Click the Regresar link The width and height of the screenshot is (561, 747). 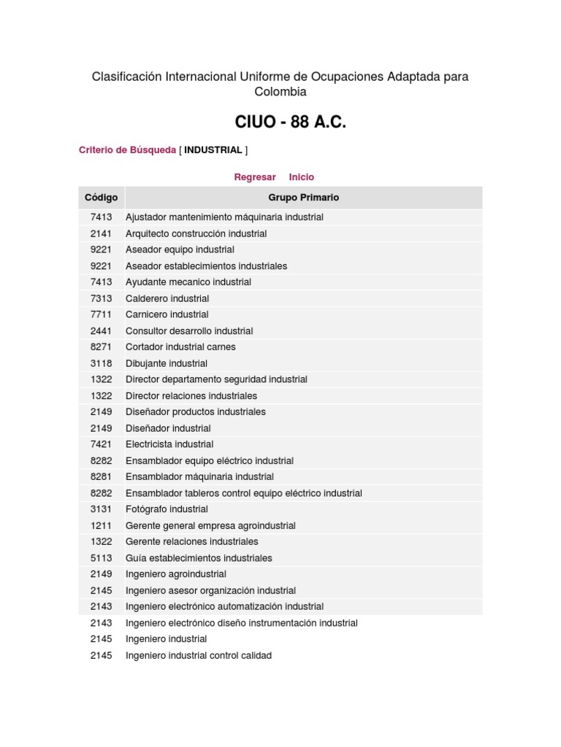(254, 177)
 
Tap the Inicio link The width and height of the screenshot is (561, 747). (301, 177)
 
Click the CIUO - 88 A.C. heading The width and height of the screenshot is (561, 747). (290, 122)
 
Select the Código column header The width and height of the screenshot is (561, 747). (101, 198)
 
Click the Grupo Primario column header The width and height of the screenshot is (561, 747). (303, 198)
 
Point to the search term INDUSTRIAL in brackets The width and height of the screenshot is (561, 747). (213, 150)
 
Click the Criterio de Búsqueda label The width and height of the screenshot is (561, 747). (127, 150)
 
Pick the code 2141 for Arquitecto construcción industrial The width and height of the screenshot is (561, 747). (101, 233)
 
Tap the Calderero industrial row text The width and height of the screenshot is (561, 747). (167, 298)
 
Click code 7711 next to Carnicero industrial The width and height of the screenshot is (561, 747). (101, 314)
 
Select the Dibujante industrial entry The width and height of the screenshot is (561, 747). (167, 363)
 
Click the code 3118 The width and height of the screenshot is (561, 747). (101, 363)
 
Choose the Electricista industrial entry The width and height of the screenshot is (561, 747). (169, 444)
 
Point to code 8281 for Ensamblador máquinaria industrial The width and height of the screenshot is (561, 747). (101, 477)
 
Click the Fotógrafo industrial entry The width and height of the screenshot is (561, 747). (167, 509)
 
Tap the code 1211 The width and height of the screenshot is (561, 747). (101, 525)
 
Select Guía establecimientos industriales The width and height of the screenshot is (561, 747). (199, 558)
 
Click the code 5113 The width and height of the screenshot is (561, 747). (101, 558)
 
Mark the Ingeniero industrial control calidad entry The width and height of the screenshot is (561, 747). (199, 656)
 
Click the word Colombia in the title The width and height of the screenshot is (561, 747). (280, 92)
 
